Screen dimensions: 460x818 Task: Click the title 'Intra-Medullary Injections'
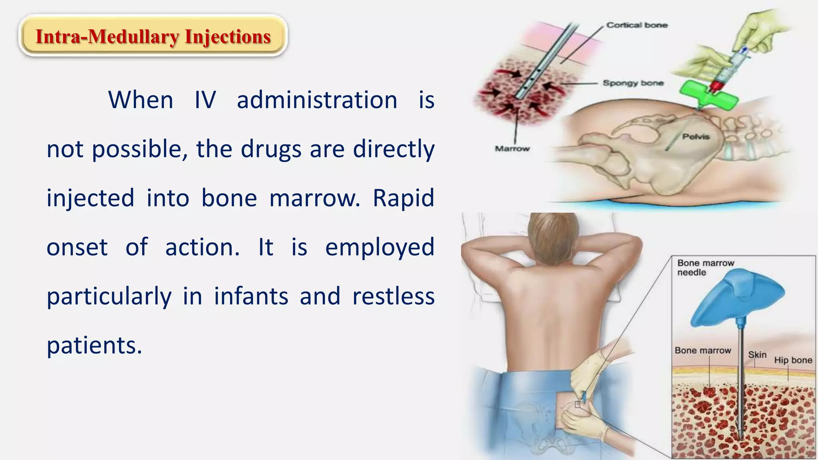tap(153, 37)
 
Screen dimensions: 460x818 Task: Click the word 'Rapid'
tap(403, 198)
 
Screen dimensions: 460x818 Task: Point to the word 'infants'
tap(251, 296)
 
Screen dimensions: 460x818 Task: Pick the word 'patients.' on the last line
tap(94, 345)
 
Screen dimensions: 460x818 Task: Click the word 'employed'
tap(379, 247)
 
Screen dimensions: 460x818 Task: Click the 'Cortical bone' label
tap(637, 25)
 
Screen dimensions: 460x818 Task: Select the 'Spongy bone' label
tap(633, 83)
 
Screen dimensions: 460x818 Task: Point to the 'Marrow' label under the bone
tap(512, 149)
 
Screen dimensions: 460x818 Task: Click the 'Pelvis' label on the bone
tap(696, 137)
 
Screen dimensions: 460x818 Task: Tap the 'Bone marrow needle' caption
tap(705, 268)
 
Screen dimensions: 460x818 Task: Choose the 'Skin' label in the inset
tap(757, 355)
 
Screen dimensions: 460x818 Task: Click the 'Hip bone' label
tap(793, 360)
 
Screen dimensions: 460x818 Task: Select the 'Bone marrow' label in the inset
tap(703, 351)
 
